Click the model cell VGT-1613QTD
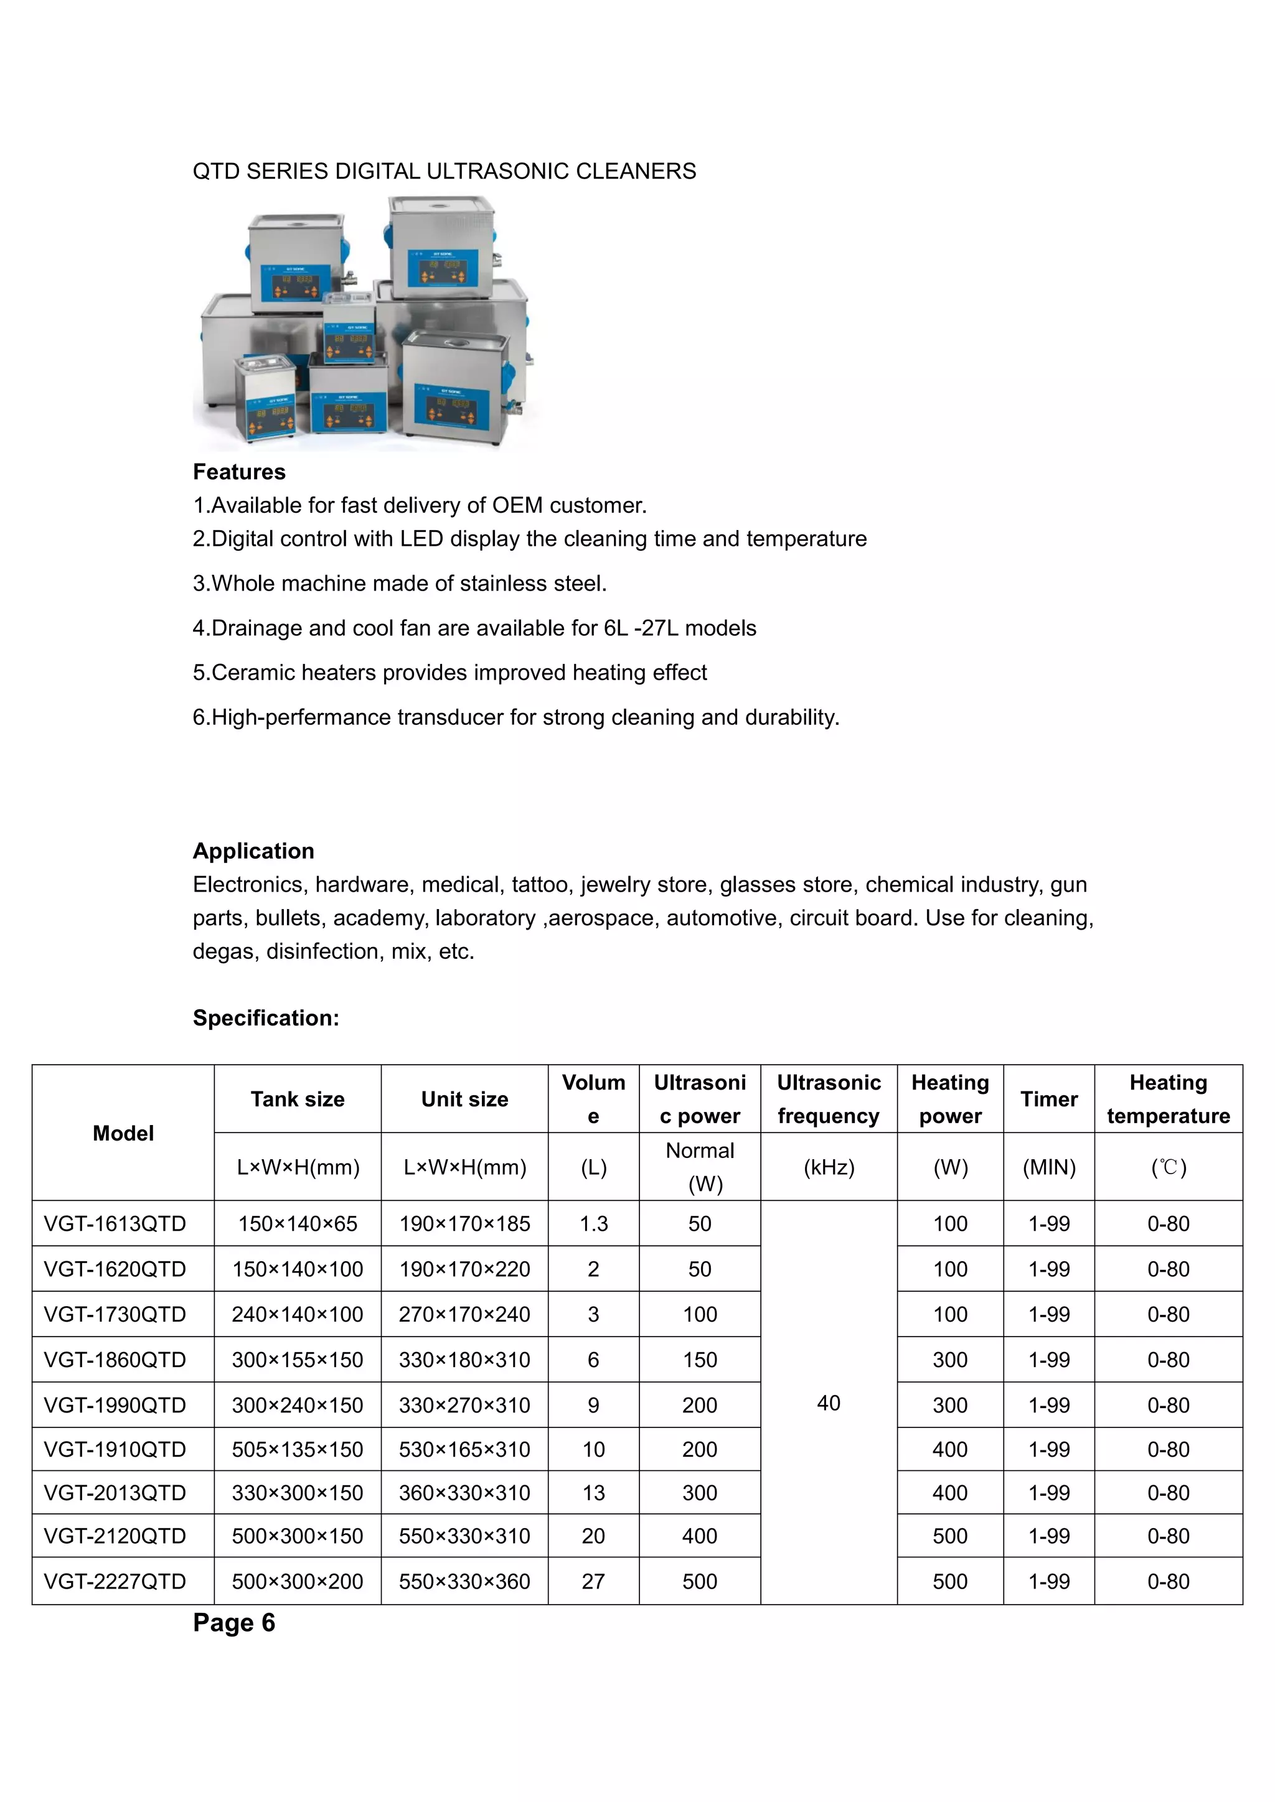pos(115,1223)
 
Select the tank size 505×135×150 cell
pos(298,1450)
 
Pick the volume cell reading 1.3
pos(593,1223)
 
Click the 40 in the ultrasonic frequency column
pos(828,1403)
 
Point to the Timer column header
pos(1049,1099)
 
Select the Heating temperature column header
pos(1168,1099)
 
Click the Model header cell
pos(123,1132)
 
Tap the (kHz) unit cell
pos(828,1167)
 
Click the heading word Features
pos(240,472)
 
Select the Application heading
pos(253,851)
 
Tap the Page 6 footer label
pos(234,1622)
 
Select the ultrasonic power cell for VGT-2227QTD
pos(700,1582)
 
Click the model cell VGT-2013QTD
pos(115,1493)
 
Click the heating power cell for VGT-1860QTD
pos(950,1360)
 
